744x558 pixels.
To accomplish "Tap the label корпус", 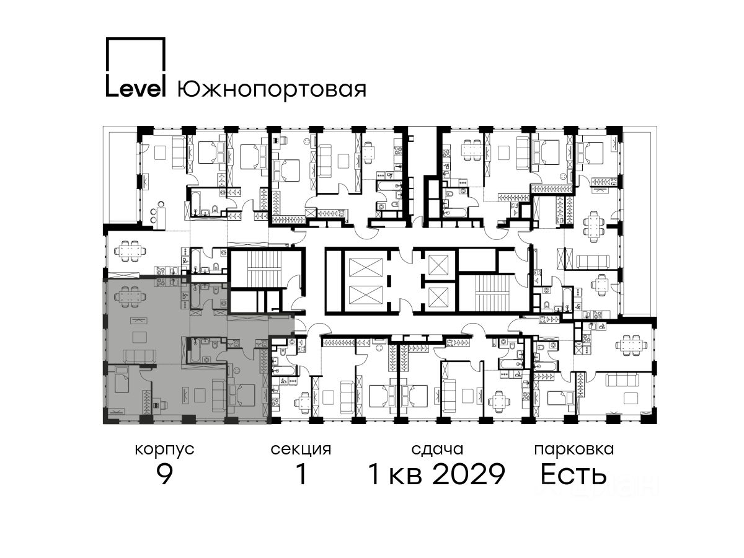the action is (165, 450).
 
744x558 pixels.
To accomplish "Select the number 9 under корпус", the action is (165, 474).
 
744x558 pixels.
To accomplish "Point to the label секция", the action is (301, 449).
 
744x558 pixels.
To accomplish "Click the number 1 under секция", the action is (301, 474).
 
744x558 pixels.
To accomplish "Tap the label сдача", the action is (437, 449).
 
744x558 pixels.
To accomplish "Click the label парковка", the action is (574, 449).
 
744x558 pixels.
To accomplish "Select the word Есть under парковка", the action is (573, 474).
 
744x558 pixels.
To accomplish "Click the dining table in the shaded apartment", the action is (130, 297).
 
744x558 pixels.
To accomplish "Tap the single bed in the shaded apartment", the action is (122, 379).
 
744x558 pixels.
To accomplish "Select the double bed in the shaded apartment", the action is (242, 395).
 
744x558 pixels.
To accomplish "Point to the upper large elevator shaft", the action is (365, 267).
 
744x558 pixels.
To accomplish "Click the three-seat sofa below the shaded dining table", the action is (139, 356).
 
